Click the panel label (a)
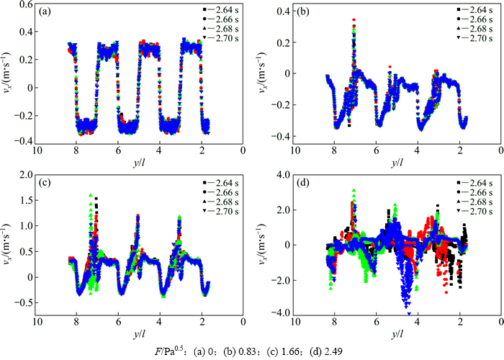[x=45, y=12]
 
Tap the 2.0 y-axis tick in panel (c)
[x=27, y=175]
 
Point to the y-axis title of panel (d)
[x=268, y=245]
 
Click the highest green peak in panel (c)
[x=90, y=195]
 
